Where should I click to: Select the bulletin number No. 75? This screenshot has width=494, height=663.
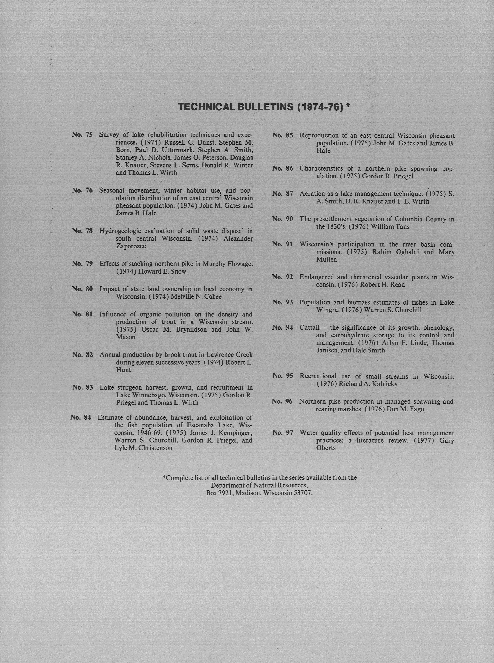(82, 135)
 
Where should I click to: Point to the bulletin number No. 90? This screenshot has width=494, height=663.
(283, 219)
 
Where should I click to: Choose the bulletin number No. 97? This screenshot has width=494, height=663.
(283, 433)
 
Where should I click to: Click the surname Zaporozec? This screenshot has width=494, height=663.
(131, 246)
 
